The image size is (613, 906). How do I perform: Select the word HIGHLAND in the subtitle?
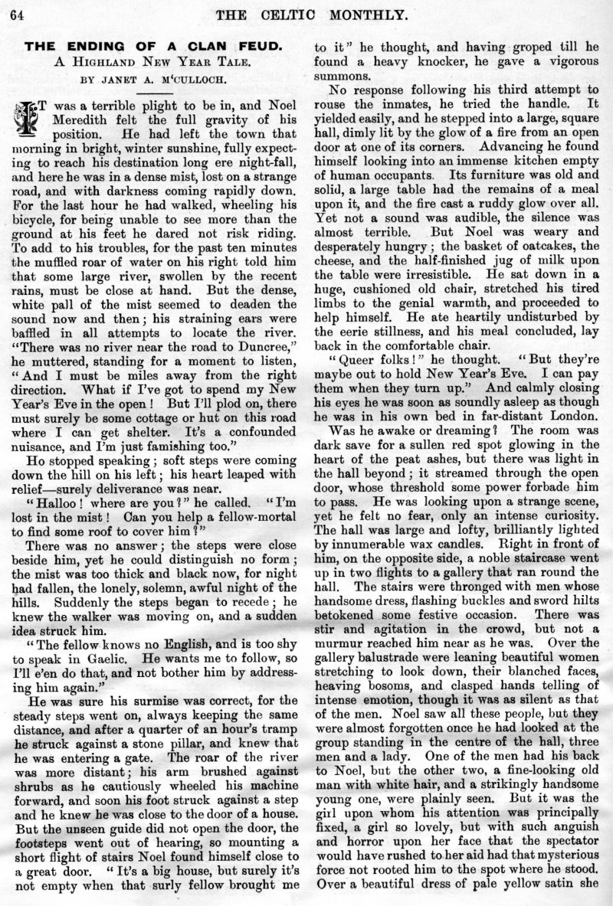112,63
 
